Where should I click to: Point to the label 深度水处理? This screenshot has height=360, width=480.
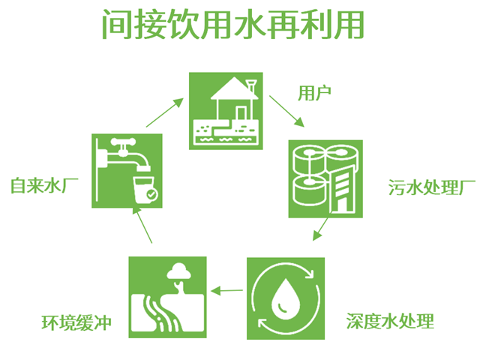[390, 322]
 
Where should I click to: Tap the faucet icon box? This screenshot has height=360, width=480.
[127, 170]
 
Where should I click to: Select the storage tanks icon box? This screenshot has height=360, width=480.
[325, 178]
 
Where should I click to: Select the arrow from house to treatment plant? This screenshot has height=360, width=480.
[286, 111]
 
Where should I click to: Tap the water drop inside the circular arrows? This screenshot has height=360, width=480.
[286, 295]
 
